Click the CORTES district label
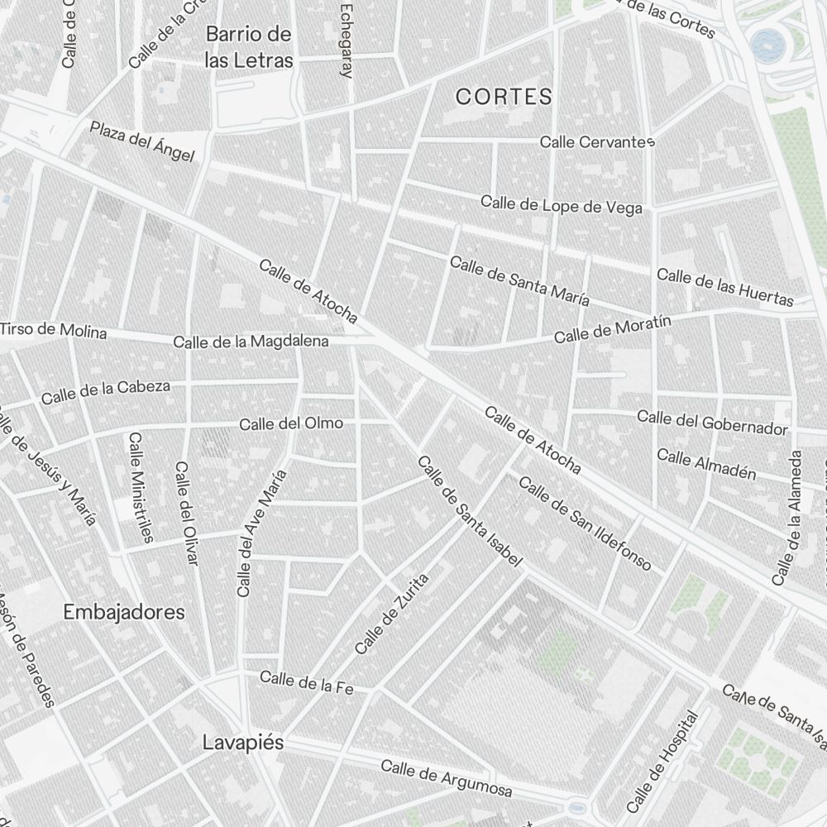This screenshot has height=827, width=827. coord(504,97)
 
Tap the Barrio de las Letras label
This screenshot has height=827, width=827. coord(249,47)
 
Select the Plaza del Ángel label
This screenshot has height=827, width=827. coord(142,141)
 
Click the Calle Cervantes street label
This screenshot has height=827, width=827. coord(597,142)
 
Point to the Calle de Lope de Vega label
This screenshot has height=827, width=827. coord(562,204)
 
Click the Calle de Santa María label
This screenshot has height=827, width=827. coord(519,281)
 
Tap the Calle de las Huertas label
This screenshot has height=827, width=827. coord(724,287)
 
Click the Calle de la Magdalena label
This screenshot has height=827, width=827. coord(251,341)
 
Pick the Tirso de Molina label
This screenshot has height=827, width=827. coord(54,331)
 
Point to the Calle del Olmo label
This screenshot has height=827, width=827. coord(290,423)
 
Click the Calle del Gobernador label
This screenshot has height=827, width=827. coord(712,422)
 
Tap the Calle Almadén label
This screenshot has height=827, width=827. coord(706,464)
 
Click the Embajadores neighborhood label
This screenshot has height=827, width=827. coord(124,613)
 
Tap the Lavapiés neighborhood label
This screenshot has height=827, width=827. coord(242,743)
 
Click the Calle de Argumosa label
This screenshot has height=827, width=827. coord(446,778)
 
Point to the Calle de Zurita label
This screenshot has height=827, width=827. coord(392,614)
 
